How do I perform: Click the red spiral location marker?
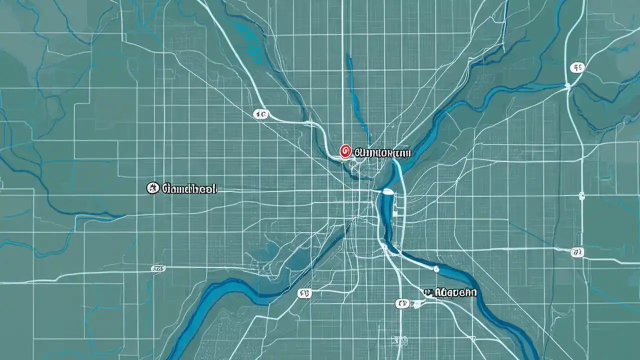coord(344,151)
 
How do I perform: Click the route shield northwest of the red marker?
coord(260,114)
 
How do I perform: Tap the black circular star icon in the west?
coord(152,188)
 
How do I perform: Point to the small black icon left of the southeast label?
coord(427,291)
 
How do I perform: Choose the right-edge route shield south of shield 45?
coord(577,251)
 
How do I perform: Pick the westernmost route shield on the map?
coord(158,268)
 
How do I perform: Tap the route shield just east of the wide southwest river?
coord(303,293)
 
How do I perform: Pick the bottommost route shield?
coord(402,303)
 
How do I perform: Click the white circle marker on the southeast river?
coord(436,269)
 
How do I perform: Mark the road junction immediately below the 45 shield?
coord(568,86)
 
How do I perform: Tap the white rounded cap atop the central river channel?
coord(386,191)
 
